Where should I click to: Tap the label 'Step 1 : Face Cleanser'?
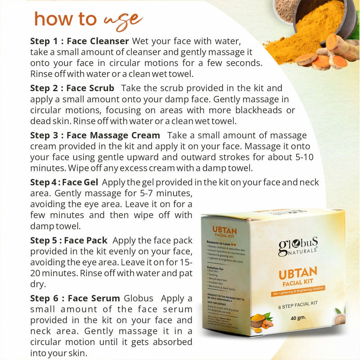pos(80,41)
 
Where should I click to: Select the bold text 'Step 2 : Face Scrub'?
pos(72,87)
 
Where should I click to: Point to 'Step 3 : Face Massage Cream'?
pos(95,135)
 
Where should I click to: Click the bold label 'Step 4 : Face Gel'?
pos(65,182)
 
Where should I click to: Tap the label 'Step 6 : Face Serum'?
pos(75,298)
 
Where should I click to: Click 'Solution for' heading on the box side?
pos(215,269)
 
